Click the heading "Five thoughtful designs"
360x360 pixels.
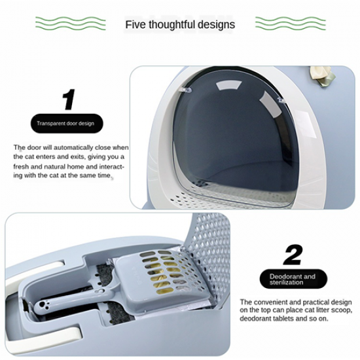tap(180, 24)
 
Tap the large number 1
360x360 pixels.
tap(69, 99)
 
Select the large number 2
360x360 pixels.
tap(293, 255)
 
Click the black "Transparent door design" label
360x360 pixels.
tap(67, 123)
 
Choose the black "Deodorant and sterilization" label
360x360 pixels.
tap(293, 279)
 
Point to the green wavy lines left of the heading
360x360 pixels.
tap(71, 23)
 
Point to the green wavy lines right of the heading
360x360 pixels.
tap(290, 23)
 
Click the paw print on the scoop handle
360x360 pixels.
tap(43, 305)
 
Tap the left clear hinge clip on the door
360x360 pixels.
tap(185, 90)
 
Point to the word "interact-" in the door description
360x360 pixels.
tap(112, 166)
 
